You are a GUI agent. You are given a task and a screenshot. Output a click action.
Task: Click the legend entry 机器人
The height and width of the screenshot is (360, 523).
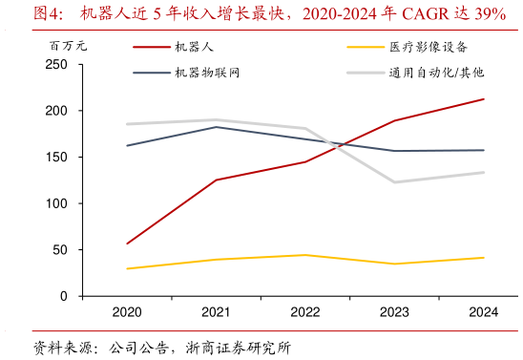[195, 46]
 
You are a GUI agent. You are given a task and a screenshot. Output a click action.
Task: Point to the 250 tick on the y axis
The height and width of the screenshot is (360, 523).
[56, 65]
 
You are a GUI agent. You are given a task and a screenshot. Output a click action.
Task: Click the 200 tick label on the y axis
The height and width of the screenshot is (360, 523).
[56, 111]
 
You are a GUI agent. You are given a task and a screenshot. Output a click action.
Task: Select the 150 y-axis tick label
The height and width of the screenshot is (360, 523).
[56, 158]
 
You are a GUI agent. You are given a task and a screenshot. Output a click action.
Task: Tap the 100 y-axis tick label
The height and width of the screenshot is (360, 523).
[56, 203]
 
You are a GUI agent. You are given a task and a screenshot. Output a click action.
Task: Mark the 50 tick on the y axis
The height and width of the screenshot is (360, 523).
[60, 250]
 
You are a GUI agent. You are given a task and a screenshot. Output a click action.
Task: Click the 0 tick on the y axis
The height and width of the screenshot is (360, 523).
[64, 296]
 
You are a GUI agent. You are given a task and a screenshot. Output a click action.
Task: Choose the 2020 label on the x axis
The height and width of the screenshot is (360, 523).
[127, 312]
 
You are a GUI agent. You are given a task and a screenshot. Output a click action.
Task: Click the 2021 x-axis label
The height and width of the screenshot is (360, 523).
[216, 312]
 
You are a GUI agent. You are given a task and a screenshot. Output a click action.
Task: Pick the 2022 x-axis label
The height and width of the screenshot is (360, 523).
[305, 312]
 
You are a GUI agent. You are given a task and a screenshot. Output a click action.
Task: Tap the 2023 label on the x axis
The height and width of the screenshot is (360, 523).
[394, 312]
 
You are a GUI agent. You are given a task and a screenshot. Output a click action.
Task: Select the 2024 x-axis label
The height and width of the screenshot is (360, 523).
[484, 312]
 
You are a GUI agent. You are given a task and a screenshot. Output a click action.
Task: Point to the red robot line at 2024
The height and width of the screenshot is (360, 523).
[484, 99]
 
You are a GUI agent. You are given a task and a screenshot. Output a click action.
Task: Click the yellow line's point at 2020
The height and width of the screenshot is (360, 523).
[127, 268]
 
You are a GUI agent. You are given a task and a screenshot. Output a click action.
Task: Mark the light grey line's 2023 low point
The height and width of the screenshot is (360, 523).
[394, 182]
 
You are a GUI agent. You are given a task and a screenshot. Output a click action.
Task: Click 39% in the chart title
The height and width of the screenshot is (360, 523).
[490, 13]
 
